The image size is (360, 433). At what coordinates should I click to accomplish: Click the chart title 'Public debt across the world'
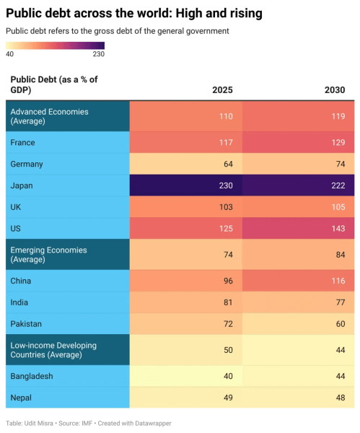click(x=133, y=14)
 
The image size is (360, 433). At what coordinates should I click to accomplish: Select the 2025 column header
click(x=222, y=90)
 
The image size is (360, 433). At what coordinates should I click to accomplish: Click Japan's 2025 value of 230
click(x=225, y=185)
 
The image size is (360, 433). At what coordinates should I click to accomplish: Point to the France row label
click(x=23, y=142)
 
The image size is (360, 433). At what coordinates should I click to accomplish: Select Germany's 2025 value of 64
click(x=227, y=164)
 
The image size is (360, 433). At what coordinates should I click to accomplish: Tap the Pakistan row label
click(x=27, y=324)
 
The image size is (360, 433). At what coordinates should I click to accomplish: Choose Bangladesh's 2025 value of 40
click(x=227, y=376)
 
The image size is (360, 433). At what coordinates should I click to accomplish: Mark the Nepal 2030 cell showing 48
click(x=340, y=398)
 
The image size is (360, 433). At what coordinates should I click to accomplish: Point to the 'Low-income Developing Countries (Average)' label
click(x=55, y=350)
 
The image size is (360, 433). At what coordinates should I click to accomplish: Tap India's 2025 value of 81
click(x=227, y=302)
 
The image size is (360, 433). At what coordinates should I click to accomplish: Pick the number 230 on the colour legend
click(x=98, y=54)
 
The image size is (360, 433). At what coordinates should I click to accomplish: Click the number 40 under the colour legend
click(x=10, y=54)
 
